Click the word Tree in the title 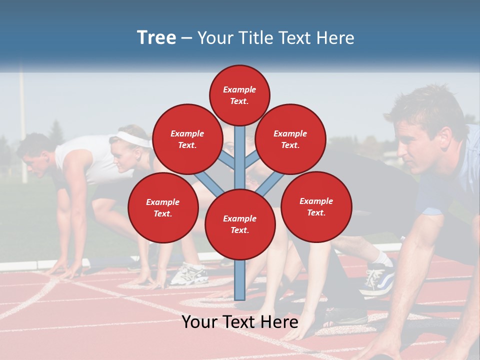156,37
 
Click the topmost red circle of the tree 239,95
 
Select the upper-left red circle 187,139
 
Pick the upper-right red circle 290,139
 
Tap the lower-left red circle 163,207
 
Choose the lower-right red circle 316,206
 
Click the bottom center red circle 240,224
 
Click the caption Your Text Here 240,322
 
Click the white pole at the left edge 22,125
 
